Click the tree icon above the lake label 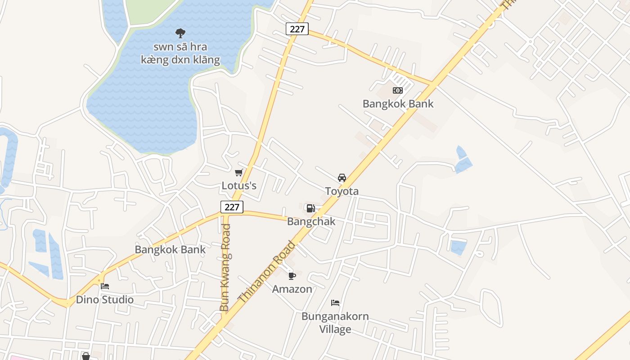[180, 33]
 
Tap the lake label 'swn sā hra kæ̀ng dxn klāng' [180, 53]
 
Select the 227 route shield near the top [297, 29]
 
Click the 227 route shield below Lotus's [232, 207]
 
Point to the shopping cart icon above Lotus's [239, 172]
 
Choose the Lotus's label [239, 185]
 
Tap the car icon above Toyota [342, 178]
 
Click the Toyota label [342, 191]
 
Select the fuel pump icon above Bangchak [310, 208]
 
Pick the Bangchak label [311, 221]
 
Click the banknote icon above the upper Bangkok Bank [398, 90]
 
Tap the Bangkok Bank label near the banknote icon [398, 104]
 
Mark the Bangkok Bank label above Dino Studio [170, 250]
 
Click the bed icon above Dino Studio [105, 286]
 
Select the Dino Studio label [105, 300]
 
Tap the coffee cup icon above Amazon [292, 276]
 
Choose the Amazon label [292, 289]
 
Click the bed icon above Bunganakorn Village [335, 303]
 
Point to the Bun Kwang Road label [225, 268]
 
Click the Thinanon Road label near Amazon [267, 272]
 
